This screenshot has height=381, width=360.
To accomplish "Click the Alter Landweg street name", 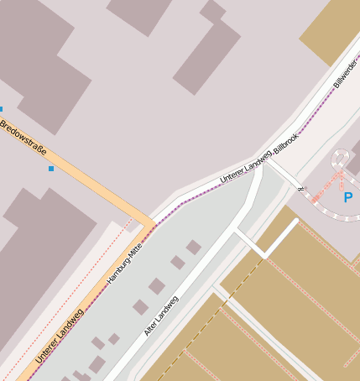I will (x=160, y=316).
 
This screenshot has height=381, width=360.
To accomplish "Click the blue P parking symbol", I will (x=347, y=198).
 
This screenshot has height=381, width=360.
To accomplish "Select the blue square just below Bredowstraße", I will (x=51, y=169).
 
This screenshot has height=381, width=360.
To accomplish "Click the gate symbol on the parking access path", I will (x=300, y=188).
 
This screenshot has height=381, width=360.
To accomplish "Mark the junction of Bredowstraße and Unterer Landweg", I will (x=152, y=224).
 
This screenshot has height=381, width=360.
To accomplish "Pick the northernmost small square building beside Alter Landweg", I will (x=193, y=247).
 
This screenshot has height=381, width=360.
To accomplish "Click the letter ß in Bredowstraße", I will (x=36, y=148).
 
